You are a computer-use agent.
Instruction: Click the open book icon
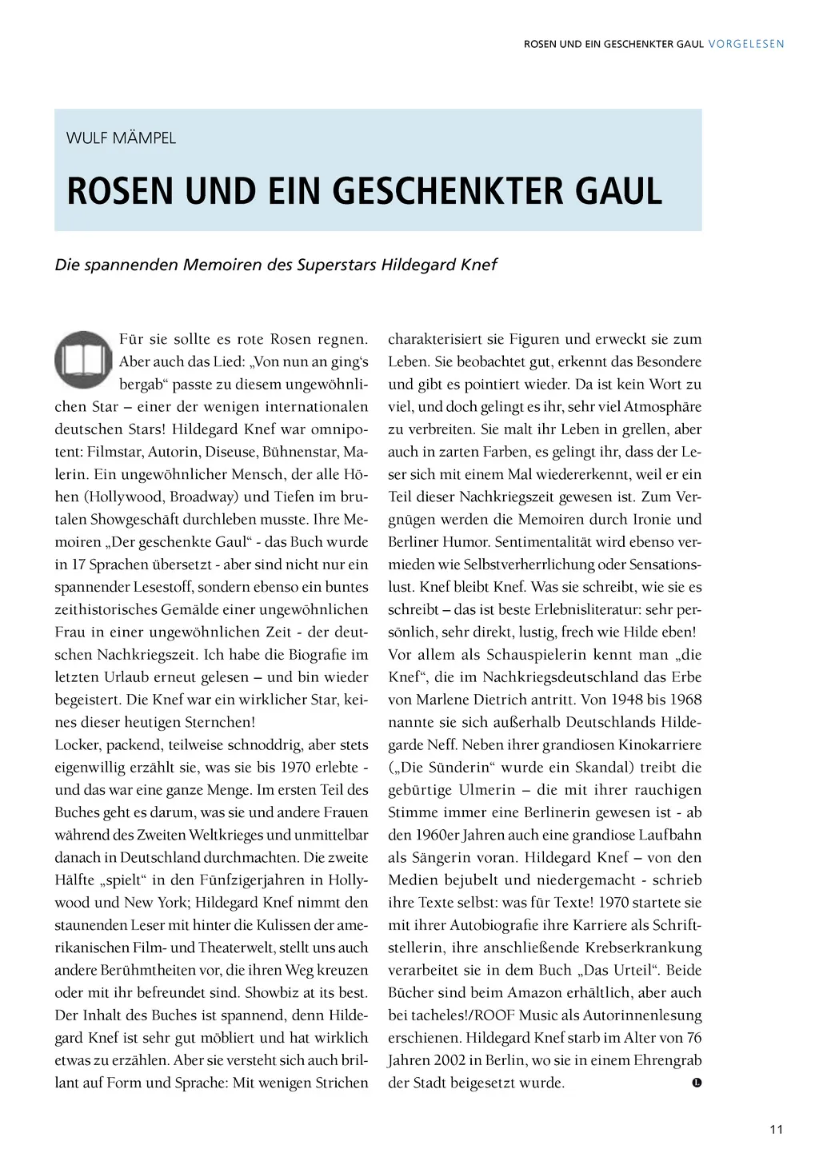coord(83,360)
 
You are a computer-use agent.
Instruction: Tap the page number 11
coord(776,1129)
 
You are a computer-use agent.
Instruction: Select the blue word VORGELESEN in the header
coord(746,44)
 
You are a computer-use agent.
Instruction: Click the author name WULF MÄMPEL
coord(121,138)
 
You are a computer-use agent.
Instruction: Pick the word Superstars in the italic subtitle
coord(336,265)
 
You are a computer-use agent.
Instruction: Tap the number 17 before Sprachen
coord(78,565)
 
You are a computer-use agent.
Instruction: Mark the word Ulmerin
coord(487,790)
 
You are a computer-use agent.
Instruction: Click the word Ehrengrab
coord(667,1060)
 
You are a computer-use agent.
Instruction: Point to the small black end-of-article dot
coord(697,1083)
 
